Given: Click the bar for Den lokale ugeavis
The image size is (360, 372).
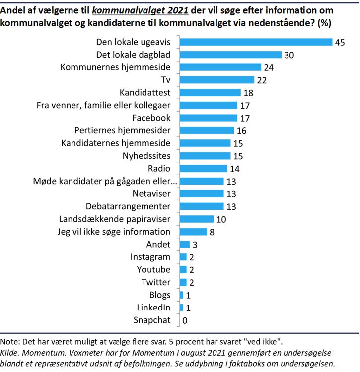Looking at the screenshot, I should pyautogui.click(x=255, y=42).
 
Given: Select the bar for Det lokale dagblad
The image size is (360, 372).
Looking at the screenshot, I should pyautogui.click(x=230, y=55).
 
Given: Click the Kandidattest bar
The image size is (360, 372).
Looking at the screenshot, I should pyautogui.click(x=210, y=93).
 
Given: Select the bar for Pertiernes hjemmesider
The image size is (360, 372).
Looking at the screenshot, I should pyautogui.click(x=206, y=131).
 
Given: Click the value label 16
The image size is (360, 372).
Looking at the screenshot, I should pyautogui.click(x=242, y=131).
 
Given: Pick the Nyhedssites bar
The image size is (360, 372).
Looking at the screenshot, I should pyautogui.click(x=205, y=156).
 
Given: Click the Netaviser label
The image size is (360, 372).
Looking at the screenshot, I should pyautogui.click(x=152, y=194).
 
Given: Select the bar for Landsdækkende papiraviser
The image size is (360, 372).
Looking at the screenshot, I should pyautogui.click(x=196, y=219).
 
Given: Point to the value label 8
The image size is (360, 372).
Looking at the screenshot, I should pyautogui.click(x=212, y=232).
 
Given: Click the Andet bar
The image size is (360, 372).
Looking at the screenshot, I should pyautogui.click(x=184, y=245).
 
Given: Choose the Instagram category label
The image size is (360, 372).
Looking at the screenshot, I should pyautogui.click(x=150, y=257).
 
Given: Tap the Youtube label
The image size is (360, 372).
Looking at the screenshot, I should pyautogui.click(x=153, y=270).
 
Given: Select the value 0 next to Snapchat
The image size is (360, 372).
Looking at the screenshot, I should pyautogui.click(x=185, y=320).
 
